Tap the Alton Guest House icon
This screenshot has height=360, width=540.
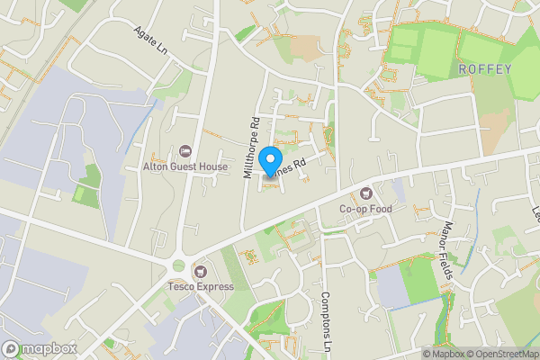pyautogui.click(x=186, y=150)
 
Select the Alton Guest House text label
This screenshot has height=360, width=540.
pyautogui.click(x=185, y=166)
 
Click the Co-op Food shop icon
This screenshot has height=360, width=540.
pyautogui.click(x=365, y=193)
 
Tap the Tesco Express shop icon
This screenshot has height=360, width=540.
pyautogui.click(x=200, y=271)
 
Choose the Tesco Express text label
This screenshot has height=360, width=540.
pyautogui.click(x=200, y=287)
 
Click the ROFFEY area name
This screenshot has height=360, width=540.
pyautogui.click(x=484, y=69)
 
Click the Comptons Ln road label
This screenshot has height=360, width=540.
pyautogui.click(x=326, y=319)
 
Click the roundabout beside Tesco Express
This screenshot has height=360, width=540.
pyautogui.click(x=177, y=266)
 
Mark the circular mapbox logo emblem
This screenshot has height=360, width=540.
pyautogui.click(x=11, y=348)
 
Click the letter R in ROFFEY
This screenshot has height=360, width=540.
pyautogui.click(x=462, y=69)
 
